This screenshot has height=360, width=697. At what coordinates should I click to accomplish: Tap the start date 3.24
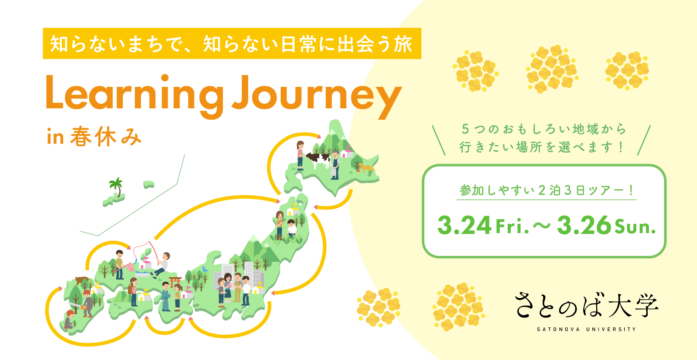[x=464, y=225]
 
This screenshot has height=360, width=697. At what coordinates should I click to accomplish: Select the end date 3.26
[x=584, y=225]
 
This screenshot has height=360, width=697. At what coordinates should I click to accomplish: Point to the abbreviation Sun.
[x=635, y=227]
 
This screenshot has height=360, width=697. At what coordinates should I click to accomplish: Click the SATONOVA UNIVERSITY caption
[x=587, y=329]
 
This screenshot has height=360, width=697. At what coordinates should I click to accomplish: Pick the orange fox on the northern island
[x=366, y=168]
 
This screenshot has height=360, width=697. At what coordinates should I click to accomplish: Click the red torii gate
[x=175, y=281]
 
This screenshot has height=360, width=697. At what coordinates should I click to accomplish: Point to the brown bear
[x=82, y=280]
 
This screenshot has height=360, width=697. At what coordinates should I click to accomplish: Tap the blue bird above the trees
[x=205, y=269]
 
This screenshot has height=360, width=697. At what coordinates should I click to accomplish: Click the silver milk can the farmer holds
[x=332, y=172]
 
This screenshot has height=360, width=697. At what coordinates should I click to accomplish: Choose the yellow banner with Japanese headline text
[x=232, y=43]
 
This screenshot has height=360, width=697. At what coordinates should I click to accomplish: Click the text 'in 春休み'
[x=94, y=137]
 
